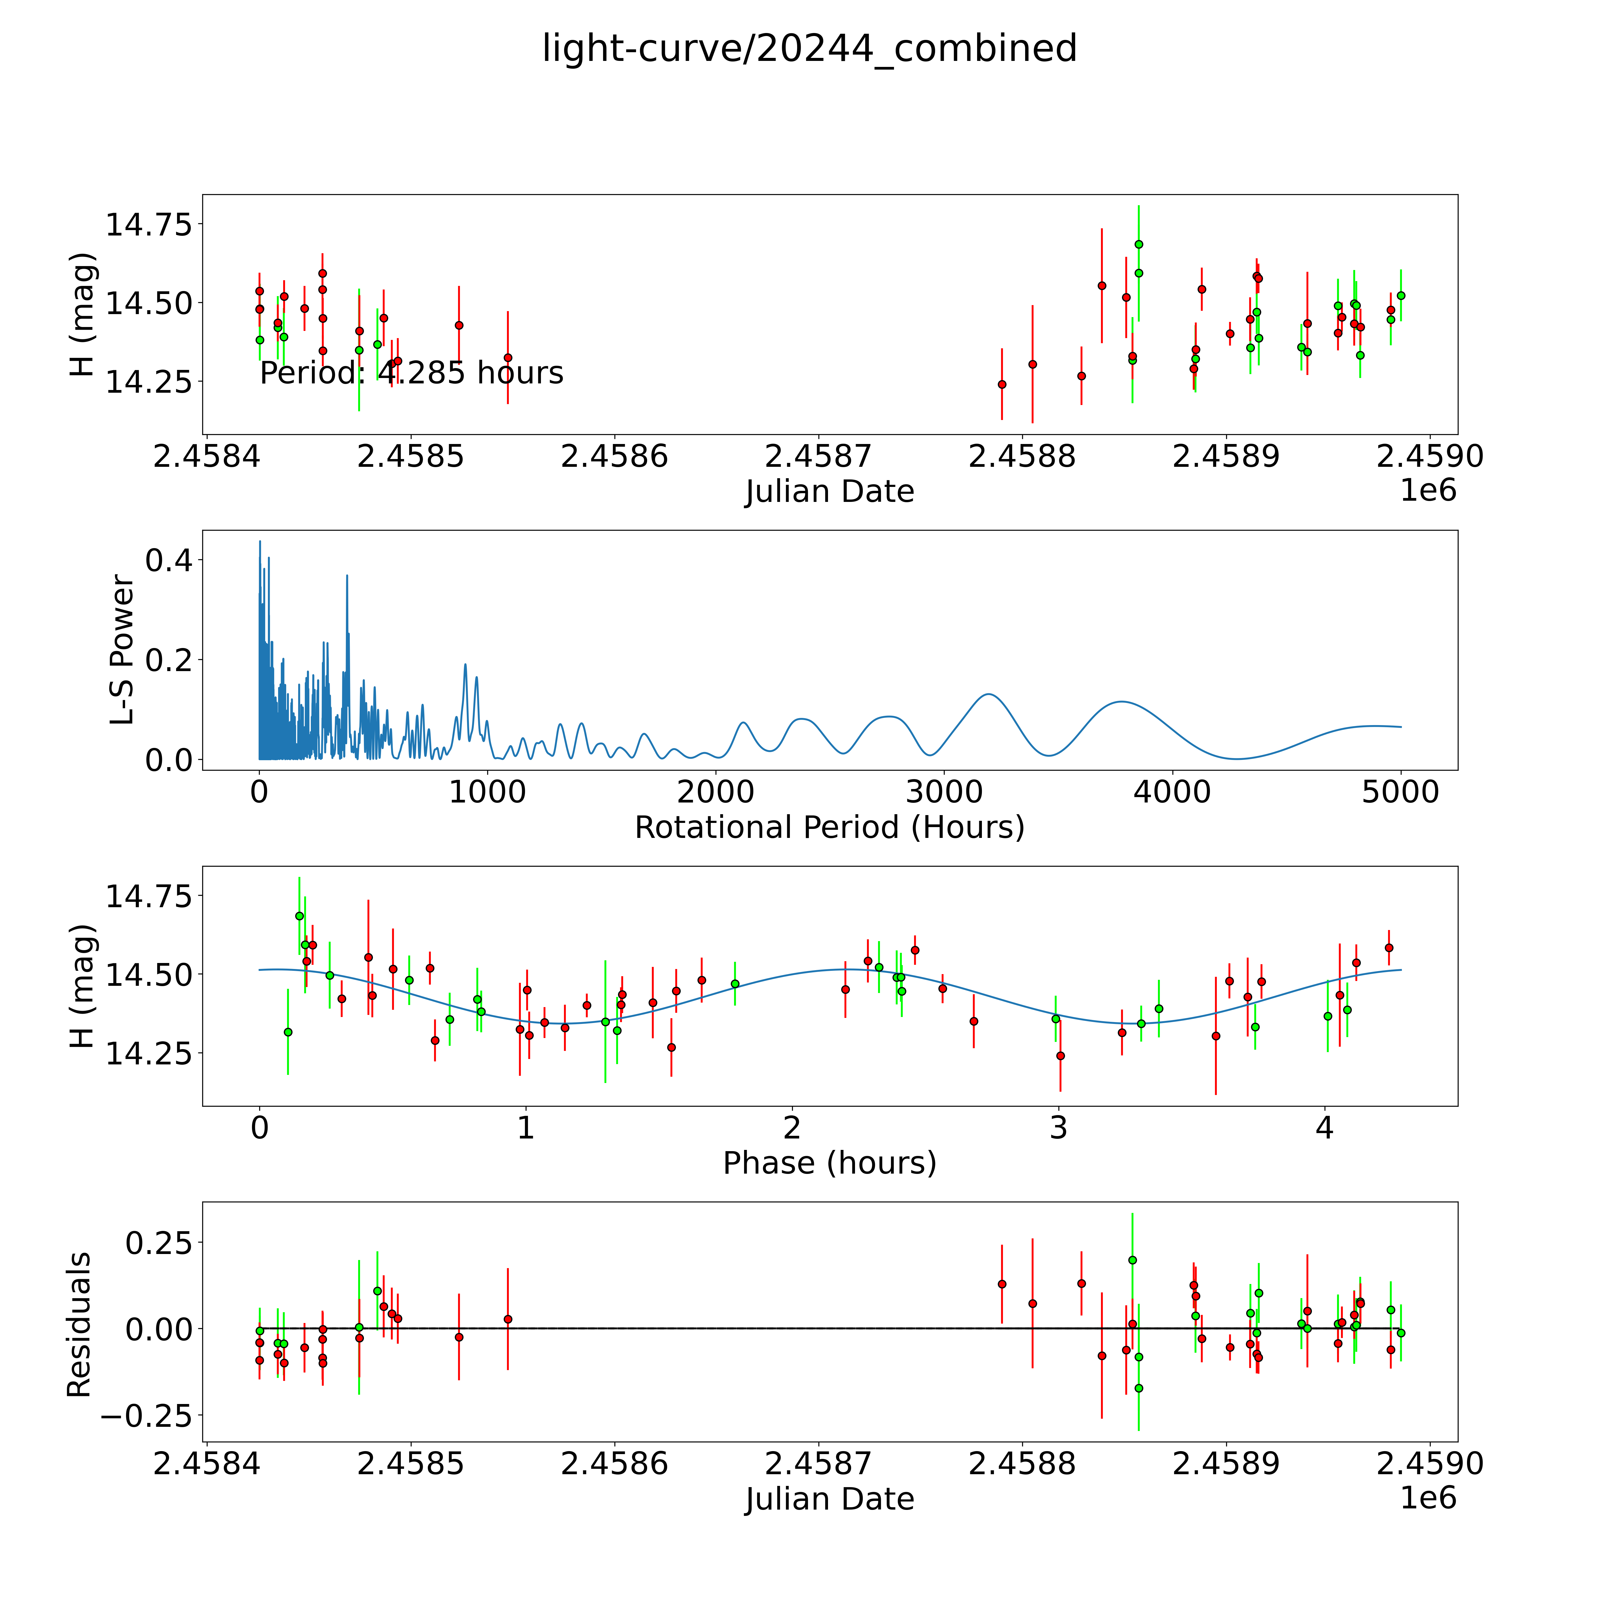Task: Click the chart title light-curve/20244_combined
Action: click(x=809, y=49)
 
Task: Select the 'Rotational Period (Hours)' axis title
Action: click(x=829, y=828)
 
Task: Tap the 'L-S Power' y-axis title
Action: click(x=122, y=650)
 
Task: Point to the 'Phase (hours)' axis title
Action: click(x=829, y=1163)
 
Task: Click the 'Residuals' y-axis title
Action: click(x=79, y=1325)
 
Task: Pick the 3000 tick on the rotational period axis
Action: click(x=944, y=792)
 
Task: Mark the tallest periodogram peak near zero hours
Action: click(x=260, y=542)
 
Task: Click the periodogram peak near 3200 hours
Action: click(x=989, y=694)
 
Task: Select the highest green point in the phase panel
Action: click(x=299, y=916)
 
